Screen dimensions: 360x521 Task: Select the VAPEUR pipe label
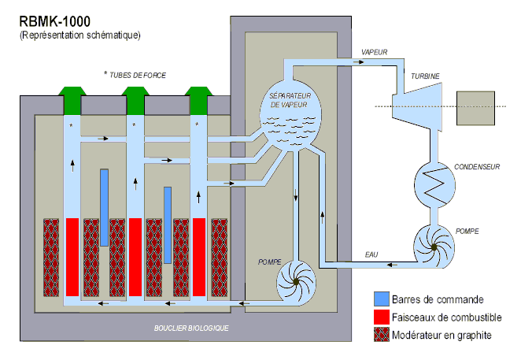pyautogui.click(x=375, y=52)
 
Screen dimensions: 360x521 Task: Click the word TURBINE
pyautogui.click(x=425, y=76)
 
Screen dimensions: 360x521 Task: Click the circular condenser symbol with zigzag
pyautogui.click(x=432, y=187)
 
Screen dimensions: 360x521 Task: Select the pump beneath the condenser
pyautogui.click(x=432, y=247)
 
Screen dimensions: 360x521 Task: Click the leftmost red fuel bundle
pyautogui.click(x=72, y=257)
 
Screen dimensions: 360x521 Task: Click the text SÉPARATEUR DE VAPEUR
pyautogui.click(x=291, y=98)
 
